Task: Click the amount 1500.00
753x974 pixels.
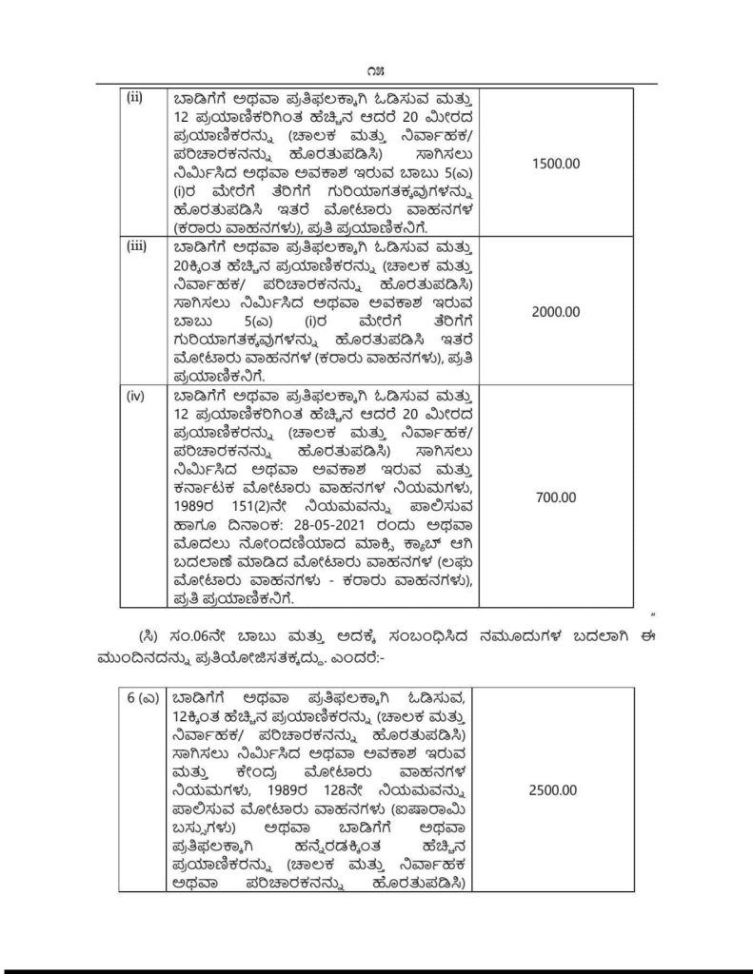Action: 553,164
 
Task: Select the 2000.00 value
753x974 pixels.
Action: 553,311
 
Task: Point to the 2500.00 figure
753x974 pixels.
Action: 553,789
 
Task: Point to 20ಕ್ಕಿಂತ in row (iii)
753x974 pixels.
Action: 204,264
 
